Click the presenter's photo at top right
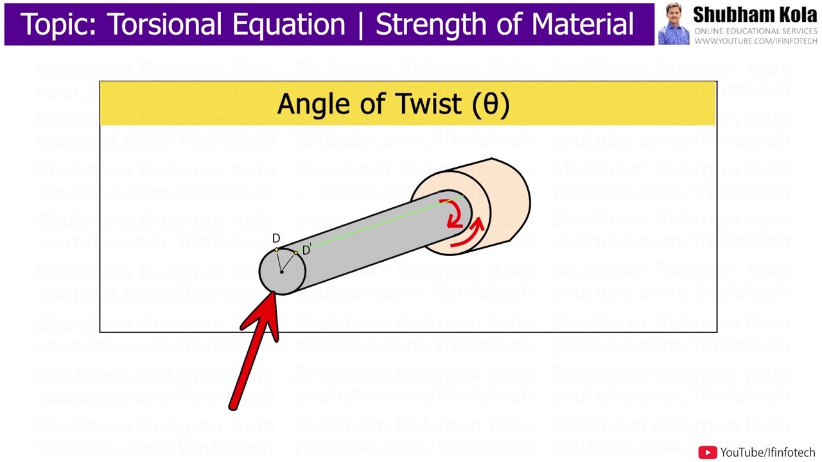click(673, 25)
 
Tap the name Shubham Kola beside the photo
click(755, 15)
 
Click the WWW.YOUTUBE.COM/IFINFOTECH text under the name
click(756, 41)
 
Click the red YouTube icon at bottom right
click(707, 452)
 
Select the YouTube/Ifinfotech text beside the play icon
click(767, 452)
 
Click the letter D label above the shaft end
click(276, 239)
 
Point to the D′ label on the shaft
click(306, 250)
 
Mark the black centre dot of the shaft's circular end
click(281, 272)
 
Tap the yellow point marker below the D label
click(277, 250)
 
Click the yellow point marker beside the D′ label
click(296, 253)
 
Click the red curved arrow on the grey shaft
click(455, 214)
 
